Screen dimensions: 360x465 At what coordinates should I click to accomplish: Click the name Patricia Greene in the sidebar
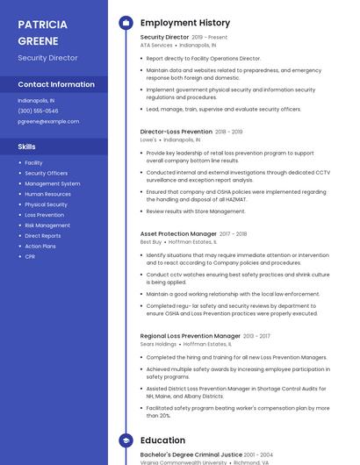[43, 32]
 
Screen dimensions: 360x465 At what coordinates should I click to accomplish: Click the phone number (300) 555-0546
[38, 111]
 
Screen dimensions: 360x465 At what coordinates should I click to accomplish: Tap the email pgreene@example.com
[42, 121]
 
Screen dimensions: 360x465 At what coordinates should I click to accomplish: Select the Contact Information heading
[56, 84]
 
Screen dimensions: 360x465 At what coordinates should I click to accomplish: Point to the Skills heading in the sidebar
[27, 147]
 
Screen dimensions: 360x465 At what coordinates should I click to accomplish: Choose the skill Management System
[52, 183]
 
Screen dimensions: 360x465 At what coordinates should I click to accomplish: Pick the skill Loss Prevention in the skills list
[44, 215]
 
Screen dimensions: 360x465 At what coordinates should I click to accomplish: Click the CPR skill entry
[30, 256]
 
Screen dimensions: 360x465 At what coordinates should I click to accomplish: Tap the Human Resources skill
[47, 194]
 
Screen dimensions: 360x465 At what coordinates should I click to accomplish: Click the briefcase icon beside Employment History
[125, 23]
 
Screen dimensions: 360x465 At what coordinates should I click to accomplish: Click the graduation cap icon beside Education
[125, 440]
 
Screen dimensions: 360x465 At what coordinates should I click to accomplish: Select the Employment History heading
[185, 23]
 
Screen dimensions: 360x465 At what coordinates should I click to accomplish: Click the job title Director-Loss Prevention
[176, 132]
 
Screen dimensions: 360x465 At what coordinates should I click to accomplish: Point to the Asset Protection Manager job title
[178, 234]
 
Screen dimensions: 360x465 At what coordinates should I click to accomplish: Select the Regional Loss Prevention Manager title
[190, 336]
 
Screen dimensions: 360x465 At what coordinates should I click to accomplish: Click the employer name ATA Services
[156, 45]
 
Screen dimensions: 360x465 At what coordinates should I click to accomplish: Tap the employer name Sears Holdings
[158, 344]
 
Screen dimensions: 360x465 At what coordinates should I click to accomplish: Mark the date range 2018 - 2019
[229, 132]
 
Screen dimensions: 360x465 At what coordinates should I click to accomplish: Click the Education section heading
[162, 440]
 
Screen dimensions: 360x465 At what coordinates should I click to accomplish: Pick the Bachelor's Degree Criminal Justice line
[191, 454]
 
